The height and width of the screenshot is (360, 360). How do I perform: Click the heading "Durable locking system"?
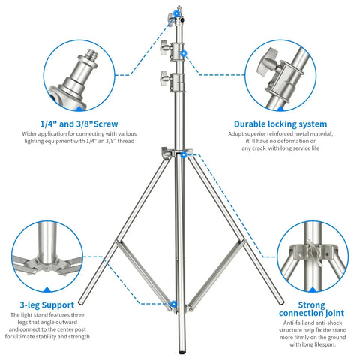[x=280, y=124]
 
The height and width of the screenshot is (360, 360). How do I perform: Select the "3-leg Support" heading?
[x=47, y=305]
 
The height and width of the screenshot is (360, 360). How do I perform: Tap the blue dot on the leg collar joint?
[x=181, y=154]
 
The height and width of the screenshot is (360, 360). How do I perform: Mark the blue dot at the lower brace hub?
[x=174, y=304]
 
